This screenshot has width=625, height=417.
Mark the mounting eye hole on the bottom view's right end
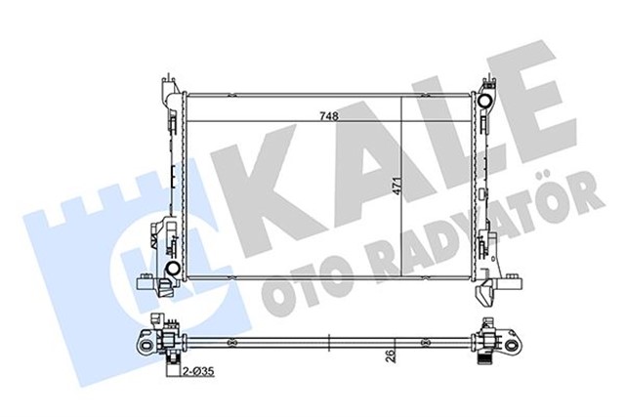(x=511, y=341)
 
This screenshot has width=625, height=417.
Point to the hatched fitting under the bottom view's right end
(x=482, y=360)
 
